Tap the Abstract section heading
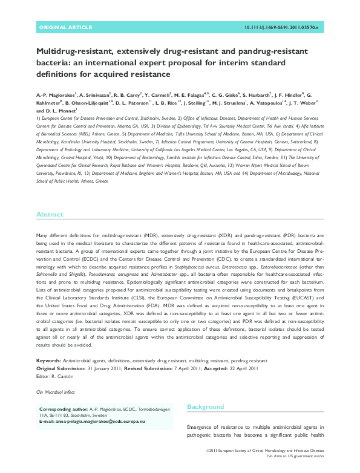coord(50,215)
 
